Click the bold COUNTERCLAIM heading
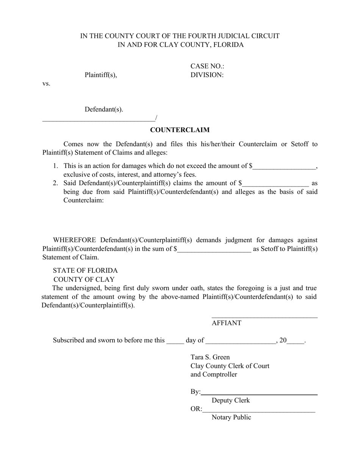pos(180,130)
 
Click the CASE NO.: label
pos(207,66)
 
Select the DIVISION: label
pos(207,75)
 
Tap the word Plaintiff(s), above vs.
pos(101,75)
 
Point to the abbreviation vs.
pos(46,84)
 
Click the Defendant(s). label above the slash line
pos(104,109)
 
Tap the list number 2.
pos(55,183)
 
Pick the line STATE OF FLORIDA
pos(85,271)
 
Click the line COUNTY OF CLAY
pos(84,280)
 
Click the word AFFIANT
pos(226,323)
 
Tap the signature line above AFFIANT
pos(264,317)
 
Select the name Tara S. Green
pos(210,357)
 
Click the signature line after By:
pos(260,394)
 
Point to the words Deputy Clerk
pos(230,400)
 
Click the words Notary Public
pos(231,418)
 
